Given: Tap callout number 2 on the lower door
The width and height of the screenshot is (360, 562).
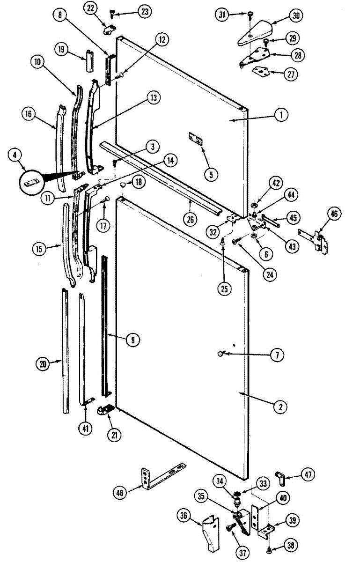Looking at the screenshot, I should pos(280,407).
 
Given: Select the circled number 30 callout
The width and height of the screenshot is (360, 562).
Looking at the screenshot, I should pos(295,15).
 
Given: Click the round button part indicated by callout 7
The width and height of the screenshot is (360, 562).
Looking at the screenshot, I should pos(220,355).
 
